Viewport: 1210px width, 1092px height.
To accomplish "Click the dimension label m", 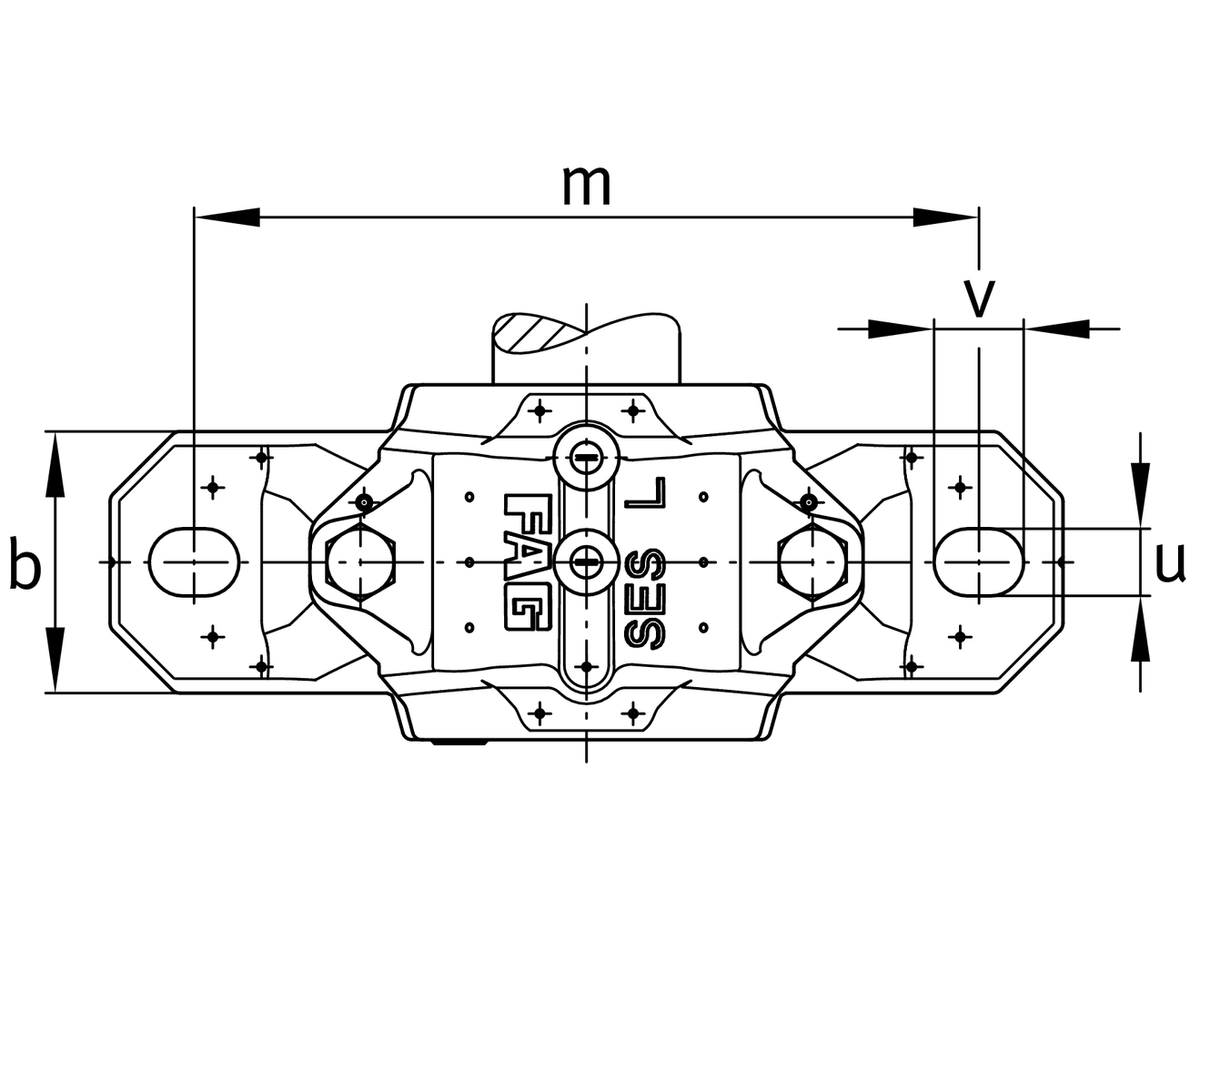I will point(586,185).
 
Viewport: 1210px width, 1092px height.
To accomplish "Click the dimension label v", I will point(979,297).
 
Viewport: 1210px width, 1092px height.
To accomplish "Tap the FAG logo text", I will point(526,561).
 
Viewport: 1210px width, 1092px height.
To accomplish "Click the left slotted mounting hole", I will point(194,562).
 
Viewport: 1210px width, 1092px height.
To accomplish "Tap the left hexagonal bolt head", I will point(361,562).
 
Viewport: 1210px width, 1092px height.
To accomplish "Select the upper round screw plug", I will point(587,457).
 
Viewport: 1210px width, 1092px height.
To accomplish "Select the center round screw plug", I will point(587,562).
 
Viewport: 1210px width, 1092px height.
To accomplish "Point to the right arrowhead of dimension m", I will point(946,217).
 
